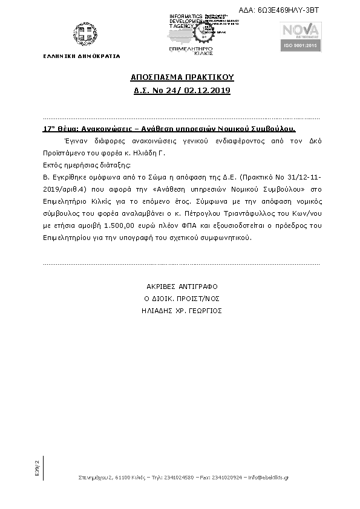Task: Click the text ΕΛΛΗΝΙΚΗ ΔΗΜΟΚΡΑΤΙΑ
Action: click(x=82, y=56)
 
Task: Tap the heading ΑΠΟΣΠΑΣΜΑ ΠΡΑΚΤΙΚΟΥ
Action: click(x=182, y=78)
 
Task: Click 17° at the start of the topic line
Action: click(x=49, y=129)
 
